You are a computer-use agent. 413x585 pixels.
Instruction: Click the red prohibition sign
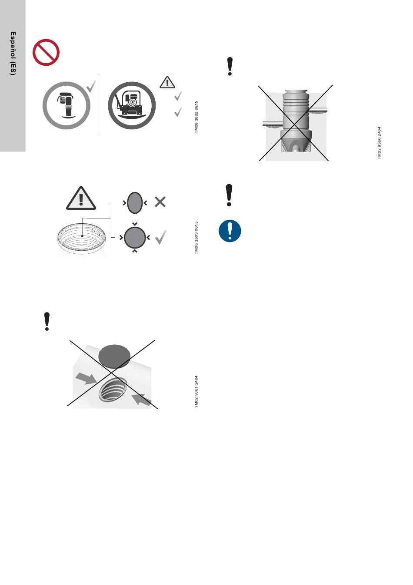pos(46,52)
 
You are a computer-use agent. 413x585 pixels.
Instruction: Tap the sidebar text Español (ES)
pos(13,53)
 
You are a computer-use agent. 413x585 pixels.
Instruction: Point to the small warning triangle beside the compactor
pos(167,82)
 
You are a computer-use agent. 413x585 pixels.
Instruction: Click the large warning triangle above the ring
pos(81,198)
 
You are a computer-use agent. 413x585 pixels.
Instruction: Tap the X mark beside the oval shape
pos(160,202)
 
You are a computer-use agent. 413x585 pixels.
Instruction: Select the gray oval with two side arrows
pos(135,203)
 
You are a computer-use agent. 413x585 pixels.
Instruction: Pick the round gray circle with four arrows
pos(135,238)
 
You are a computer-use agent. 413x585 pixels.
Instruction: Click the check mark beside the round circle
pos(161,237)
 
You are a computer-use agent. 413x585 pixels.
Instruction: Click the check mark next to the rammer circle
pos(91,86)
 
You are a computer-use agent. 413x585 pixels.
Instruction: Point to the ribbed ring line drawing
pos(82,238)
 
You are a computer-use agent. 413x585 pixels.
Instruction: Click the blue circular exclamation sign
pos(230,231)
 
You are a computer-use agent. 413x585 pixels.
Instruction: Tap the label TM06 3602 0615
pos(196,117)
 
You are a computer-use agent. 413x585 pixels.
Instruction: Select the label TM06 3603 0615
pos(196,238)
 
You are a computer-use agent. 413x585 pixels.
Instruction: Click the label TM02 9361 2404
pos(196,392)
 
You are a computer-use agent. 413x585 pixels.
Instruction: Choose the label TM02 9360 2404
pos(380,143)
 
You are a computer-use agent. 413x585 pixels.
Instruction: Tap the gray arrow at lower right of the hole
pos(141,400)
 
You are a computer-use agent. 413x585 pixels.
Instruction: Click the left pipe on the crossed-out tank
pos(273,124)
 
